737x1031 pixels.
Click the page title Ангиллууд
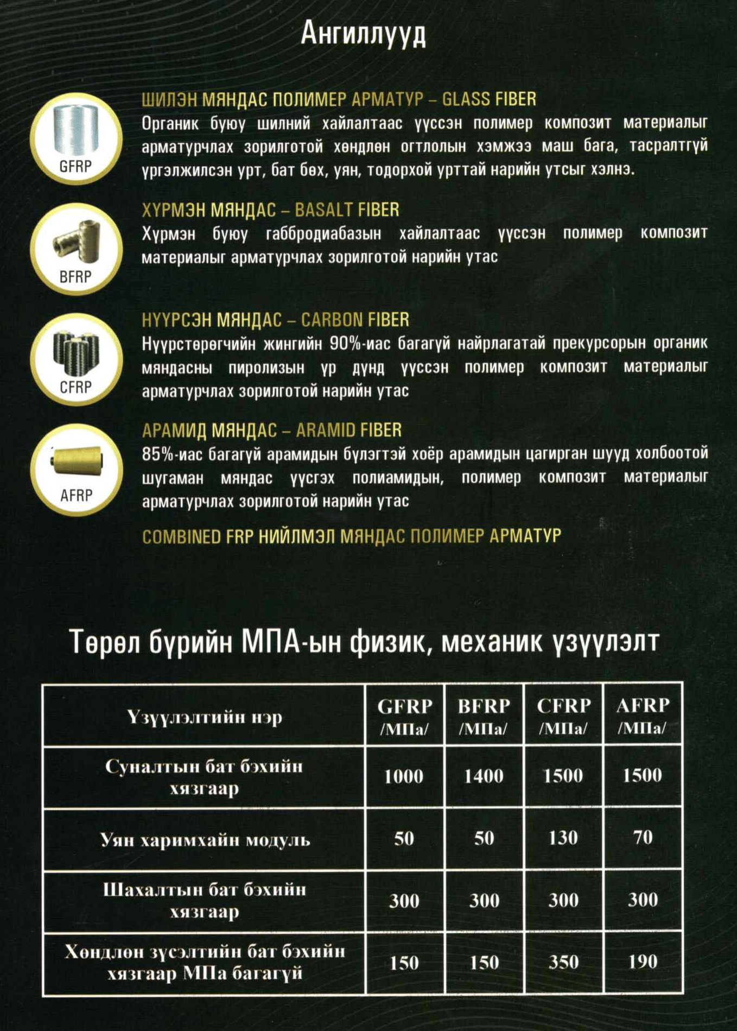point(363,34)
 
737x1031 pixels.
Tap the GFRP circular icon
point(76,139)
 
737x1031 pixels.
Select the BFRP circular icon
point(76,249)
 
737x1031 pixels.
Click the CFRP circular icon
point(76,359)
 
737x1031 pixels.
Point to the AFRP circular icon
point(76,470)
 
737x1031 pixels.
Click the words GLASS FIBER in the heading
point(489,99)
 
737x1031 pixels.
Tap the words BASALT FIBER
point(347,210)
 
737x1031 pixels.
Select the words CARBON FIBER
point(355,320)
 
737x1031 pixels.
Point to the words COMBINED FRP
point(198,537)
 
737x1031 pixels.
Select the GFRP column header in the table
point(404,716)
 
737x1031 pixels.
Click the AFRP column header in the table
point(643,716)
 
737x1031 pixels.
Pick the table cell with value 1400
point(484,776)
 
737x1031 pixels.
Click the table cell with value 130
point(563,838)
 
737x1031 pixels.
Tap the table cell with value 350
point(563,963)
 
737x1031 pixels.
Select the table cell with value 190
point(643,963)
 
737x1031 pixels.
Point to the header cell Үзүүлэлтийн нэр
point(205,717)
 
